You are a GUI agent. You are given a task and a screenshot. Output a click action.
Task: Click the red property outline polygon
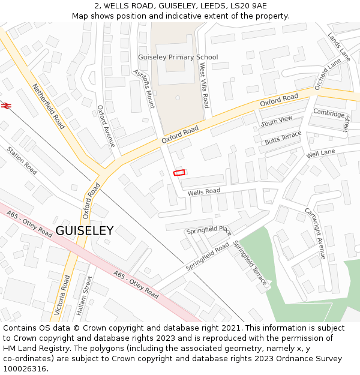(x=179, y=173)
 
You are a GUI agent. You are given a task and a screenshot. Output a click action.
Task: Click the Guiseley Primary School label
(x=178, y=57)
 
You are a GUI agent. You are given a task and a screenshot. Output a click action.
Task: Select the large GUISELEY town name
(x=84, y=231)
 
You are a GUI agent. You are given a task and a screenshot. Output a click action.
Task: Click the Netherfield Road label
(x=49, y=106)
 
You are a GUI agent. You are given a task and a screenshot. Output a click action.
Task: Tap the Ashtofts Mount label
(x=143, y=87)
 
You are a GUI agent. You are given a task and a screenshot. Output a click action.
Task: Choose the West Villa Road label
(x=203, y=87)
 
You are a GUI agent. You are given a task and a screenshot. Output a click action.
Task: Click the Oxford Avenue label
(x=106, y=126)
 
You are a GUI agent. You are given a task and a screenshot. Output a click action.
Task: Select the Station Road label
(x=22, y=160)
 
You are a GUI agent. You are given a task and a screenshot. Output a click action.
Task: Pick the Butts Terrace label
(x=283, y=139)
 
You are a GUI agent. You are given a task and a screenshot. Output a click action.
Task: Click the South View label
(x=276, y=121)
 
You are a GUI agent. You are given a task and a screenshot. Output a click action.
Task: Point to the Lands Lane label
(x=339, y=47)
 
